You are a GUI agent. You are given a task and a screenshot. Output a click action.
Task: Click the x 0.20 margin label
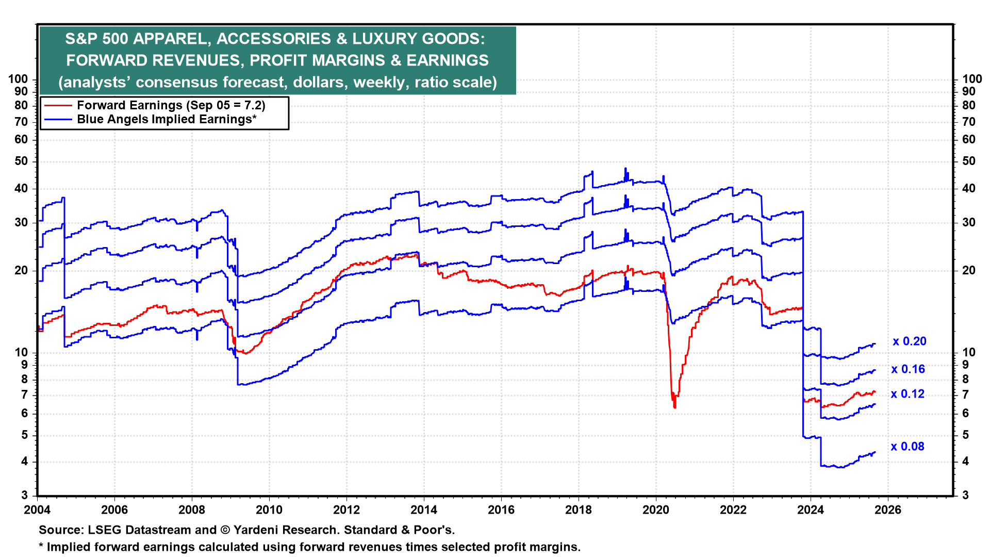click(x=909, y=341)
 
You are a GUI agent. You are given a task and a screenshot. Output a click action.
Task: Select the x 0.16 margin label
click(x=908, y=369)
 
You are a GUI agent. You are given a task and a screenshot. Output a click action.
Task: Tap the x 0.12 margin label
click(x=907, y=394)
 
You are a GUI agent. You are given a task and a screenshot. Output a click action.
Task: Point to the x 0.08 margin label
click(x=907, y=447)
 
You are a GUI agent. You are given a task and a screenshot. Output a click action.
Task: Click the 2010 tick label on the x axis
click(x=269, y=510)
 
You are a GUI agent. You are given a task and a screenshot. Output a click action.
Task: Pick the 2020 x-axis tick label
click(x=656, y=510)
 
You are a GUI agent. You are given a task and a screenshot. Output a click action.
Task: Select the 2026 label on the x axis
click(x=888, y=510)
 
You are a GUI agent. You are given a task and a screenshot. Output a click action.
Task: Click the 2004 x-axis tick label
click(x=37, y=510)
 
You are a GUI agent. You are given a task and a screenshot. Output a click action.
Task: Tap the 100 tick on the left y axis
click(x=18, y=79)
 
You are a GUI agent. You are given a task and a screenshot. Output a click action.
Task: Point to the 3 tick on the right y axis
click(x=966, y=496)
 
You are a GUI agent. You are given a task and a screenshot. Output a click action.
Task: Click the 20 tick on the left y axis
click(x=21, y=271)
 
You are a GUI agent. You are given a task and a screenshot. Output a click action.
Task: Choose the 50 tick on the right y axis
click(x=969, y=161)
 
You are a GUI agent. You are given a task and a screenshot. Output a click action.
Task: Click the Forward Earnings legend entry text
click(x=171, y=105)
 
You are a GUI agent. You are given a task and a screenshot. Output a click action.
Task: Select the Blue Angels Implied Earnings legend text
click(x=167, y=119)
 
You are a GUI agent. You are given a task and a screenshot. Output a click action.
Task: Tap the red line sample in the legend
click(x=58, y=105)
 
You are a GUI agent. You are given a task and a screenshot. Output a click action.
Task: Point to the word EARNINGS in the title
click(x=447, y=60)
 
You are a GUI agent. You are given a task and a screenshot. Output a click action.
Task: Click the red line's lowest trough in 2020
click(x=674, y=407)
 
